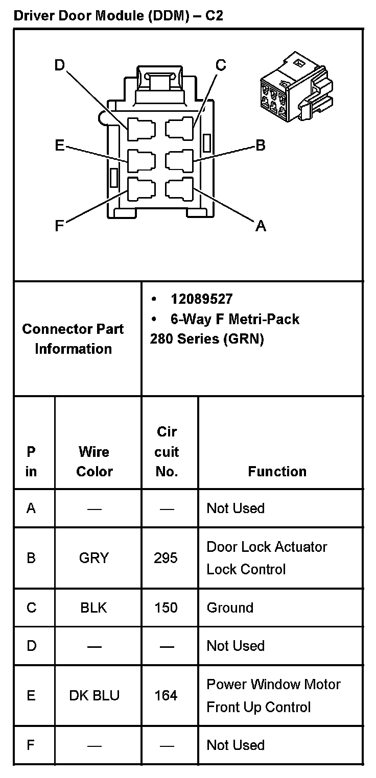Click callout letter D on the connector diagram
click(x=60, y=65)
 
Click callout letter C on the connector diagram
click(x=220, y=65)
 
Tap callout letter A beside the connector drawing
click(x=261, y=226)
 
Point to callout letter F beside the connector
click(x=59, y=226)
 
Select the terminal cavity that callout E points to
click(x=141, y=161)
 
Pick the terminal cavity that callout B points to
click(x=179, y=160)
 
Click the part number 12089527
click(x=201, y=299)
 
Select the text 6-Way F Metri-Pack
click(x=234, y=320)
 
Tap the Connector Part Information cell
click(x=73, y=338)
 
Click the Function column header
click(x=277, y=471)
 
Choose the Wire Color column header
click(x=94, y=461)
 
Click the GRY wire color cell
click(x=94, y=558)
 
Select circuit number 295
click(x=166, y=558)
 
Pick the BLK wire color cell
click(x=94, y=607)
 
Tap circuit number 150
click(x=166, y=607)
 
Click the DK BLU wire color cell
click(x=94, y=695)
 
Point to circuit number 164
click(x=166, y=695)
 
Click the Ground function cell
click(x=230, y=607)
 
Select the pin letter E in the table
click(x=31, y=695)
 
